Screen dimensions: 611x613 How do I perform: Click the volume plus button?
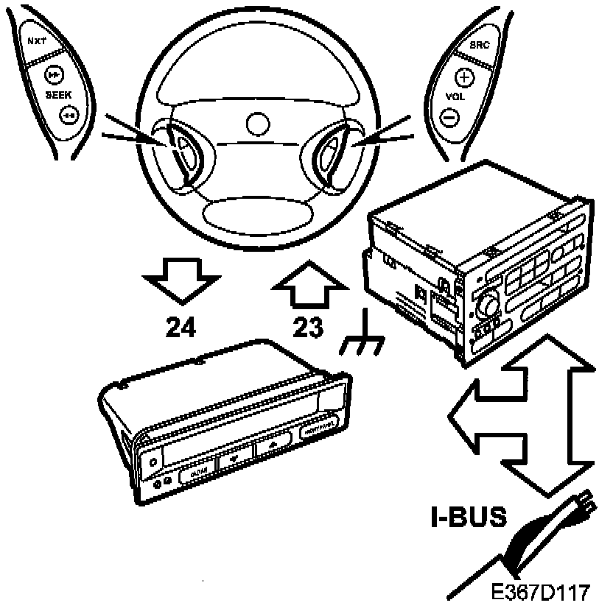463,77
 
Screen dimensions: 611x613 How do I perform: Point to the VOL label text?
455,96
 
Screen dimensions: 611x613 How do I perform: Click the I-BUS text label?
469,517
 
